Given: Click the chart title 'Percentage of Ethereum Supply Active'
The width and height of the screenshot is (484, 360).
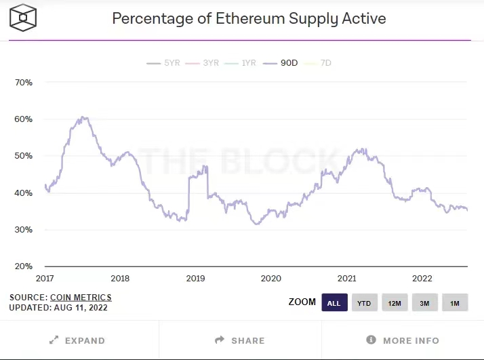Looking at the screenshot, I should pyautogui.click(x=249, y=18).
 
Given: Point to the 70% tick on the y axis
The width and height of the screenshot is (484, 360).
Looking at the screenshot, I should pyautogui.click(x=24, y=83).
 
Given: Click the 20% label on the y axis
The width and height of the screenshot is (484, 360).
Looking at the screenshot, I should pyautogui.click(x=24, y=266).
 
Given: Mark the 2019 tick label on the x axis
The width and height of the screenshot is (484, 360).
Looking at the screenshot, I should pyautogui.click(x=195, y=279).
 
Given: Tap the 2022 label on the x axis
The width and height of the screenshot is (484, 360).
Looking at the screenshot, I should pyautogui.click(x=422, y=279).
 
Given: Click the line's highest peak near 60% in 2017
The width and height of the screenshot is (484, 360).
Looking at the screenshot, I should pyautogui.click(x=83, y=117).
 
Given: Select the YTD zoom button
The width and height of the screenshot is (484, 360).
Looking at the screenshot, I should pyautogui.click(x=364, y=302).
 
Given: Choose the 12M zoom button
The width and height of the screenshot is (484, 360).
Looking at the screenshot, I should pyautogui.click(x=395, y=302).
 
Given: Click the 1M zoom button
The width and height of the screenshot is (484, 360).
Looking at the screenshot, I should pyautogui.click(x=455, y=302).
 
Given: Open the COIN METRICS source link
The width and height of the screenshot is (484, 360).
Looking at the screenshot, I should pyautogui.click(x=81, y=297).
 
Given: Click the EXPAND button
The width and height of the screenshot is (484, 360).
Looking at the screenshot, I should pyautogui.click(x=78, y=340).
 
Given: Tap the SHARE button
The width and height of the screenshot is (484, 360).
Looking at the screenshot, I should pyautogui.click(x=240, y=340).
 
